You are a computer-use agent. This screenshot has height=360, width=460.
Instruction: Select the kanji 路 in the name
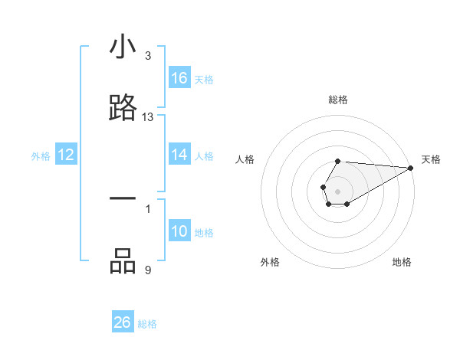click(123, 108)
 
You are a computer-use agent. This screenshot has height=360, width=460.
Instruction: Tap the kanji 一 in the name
click(123, 198)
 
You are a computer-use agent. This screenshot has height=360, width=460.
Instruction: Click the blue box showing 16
click(179, 78)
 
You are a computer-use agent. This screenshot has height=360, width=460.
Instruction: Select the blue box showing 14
click(179, 155)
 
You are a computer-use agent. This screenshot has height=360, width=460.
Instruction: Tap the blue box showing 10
click(179, 232)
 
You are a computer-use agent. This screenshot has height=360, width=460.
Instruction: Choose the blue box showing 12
click(66, 155)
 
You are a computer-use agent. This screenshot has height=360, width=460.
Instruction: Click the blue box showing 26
click(123, 322)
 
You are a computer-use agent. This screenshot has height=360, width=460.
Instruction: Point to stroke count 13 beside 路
click(148, 117)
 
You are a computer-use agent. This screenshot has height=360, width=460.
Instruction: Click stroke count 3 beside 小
click(148, 57)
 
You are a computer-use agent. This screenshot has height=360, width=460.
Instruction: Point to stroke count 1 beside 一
click(148, 208)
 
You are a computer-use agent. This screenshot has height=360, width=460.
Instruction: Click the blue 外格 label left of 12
click(41, 156)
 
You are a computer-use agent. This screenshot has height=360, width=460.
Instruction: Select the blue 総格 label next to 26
click(147, 324)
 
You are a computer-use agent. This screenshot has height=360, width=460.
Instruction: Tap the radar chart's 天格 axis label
click(432, 159)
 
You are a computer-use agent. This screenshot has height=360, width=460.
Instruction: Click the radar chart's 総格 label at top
click(338, 100)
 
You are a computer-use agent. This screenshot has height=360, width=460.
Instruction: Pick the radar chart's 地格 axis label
click(402, 262)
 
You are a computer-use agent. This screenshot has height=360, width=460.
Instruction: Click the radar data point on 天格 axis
click(411, 167)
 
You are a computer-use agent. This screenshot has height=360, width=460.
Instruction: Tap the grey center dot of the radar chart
click(337, 191)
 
